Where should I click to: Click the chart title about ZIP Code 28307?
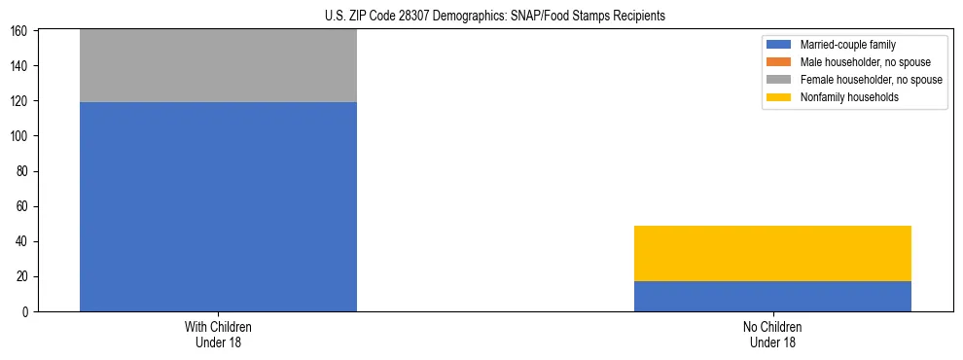click(495, 17)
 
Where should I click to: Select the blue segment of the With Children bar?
click(218, 206)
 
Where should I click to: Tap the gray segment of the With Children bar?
click(218, 65)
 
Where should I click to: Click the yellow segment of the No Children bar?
click(772, 253)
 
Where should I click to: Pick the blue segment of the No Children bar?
click(772, 296)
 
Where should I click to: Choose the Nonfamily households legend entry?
click(842, 97)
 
